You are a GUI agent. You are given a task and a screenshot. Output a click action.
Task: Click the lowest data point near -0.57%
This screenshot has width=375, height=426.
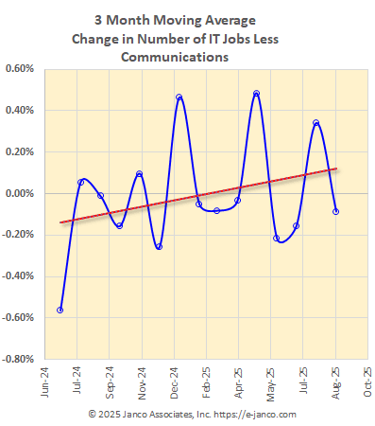click(x=60, y=310)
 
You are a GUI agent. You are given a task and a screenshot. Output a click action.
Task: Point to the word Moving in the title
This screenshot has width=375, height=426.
click(x=163, y=19)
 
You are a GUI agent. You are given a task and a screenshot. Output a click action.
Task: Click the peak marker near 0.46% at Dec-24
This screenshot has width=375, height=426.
click(x=179, y=98)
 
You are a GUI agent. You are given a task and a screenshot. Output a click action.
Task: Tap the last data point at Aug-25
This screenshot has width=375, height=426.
click(x=336, y=211)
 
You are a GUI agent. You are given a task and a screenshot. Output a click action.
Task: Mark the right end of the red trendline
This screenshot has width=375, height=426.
click(x=337, y=169)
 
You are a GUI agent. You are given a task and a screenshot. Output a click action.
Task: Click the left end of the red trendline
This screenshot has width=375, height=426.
click(x=60, y=222)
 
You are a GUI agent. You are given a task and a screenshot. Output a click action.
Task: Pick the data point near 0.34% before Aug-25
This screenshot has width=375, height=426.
click(x=316, y=122)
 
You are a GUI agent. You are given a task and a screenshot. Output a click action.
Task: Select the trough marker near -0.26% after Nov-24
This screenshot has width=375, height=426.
click(x=159, y=246)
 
